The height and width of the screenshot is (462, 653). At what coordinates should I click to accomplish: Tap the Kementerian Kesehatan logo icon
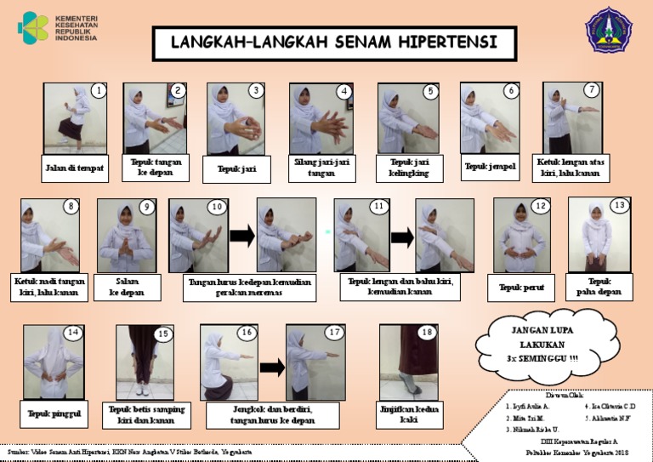(x=33, y=26)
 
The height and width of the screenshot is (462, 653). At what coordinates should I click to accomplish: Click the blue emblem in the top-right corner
(x=611, y=30)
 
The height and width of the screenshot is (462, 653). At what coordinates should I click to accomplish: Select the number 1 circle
(x=99, y=90)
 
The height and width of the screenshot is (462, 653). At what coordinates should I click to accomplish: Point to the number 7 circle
(x=592, y=89)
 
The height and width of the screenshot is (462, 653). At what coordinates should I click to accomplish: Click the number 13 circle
(x=619, y=205)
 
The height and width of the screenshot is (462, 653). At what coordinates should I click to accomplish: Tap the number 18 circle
(x=427, y=332)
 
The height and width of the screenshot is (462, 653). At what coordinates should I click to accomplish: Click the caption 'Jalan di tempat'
(x=75, y=168)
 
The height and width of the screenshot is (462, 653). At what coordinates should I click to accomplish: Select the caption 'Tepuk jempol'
(x=490, y=166)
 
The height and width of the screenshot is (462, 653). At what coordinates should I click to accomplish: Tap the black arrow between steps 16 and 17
(x=272, y=368)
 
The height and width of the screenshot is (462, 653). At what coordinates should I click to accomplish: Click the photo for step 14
(x=54, y=361)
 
